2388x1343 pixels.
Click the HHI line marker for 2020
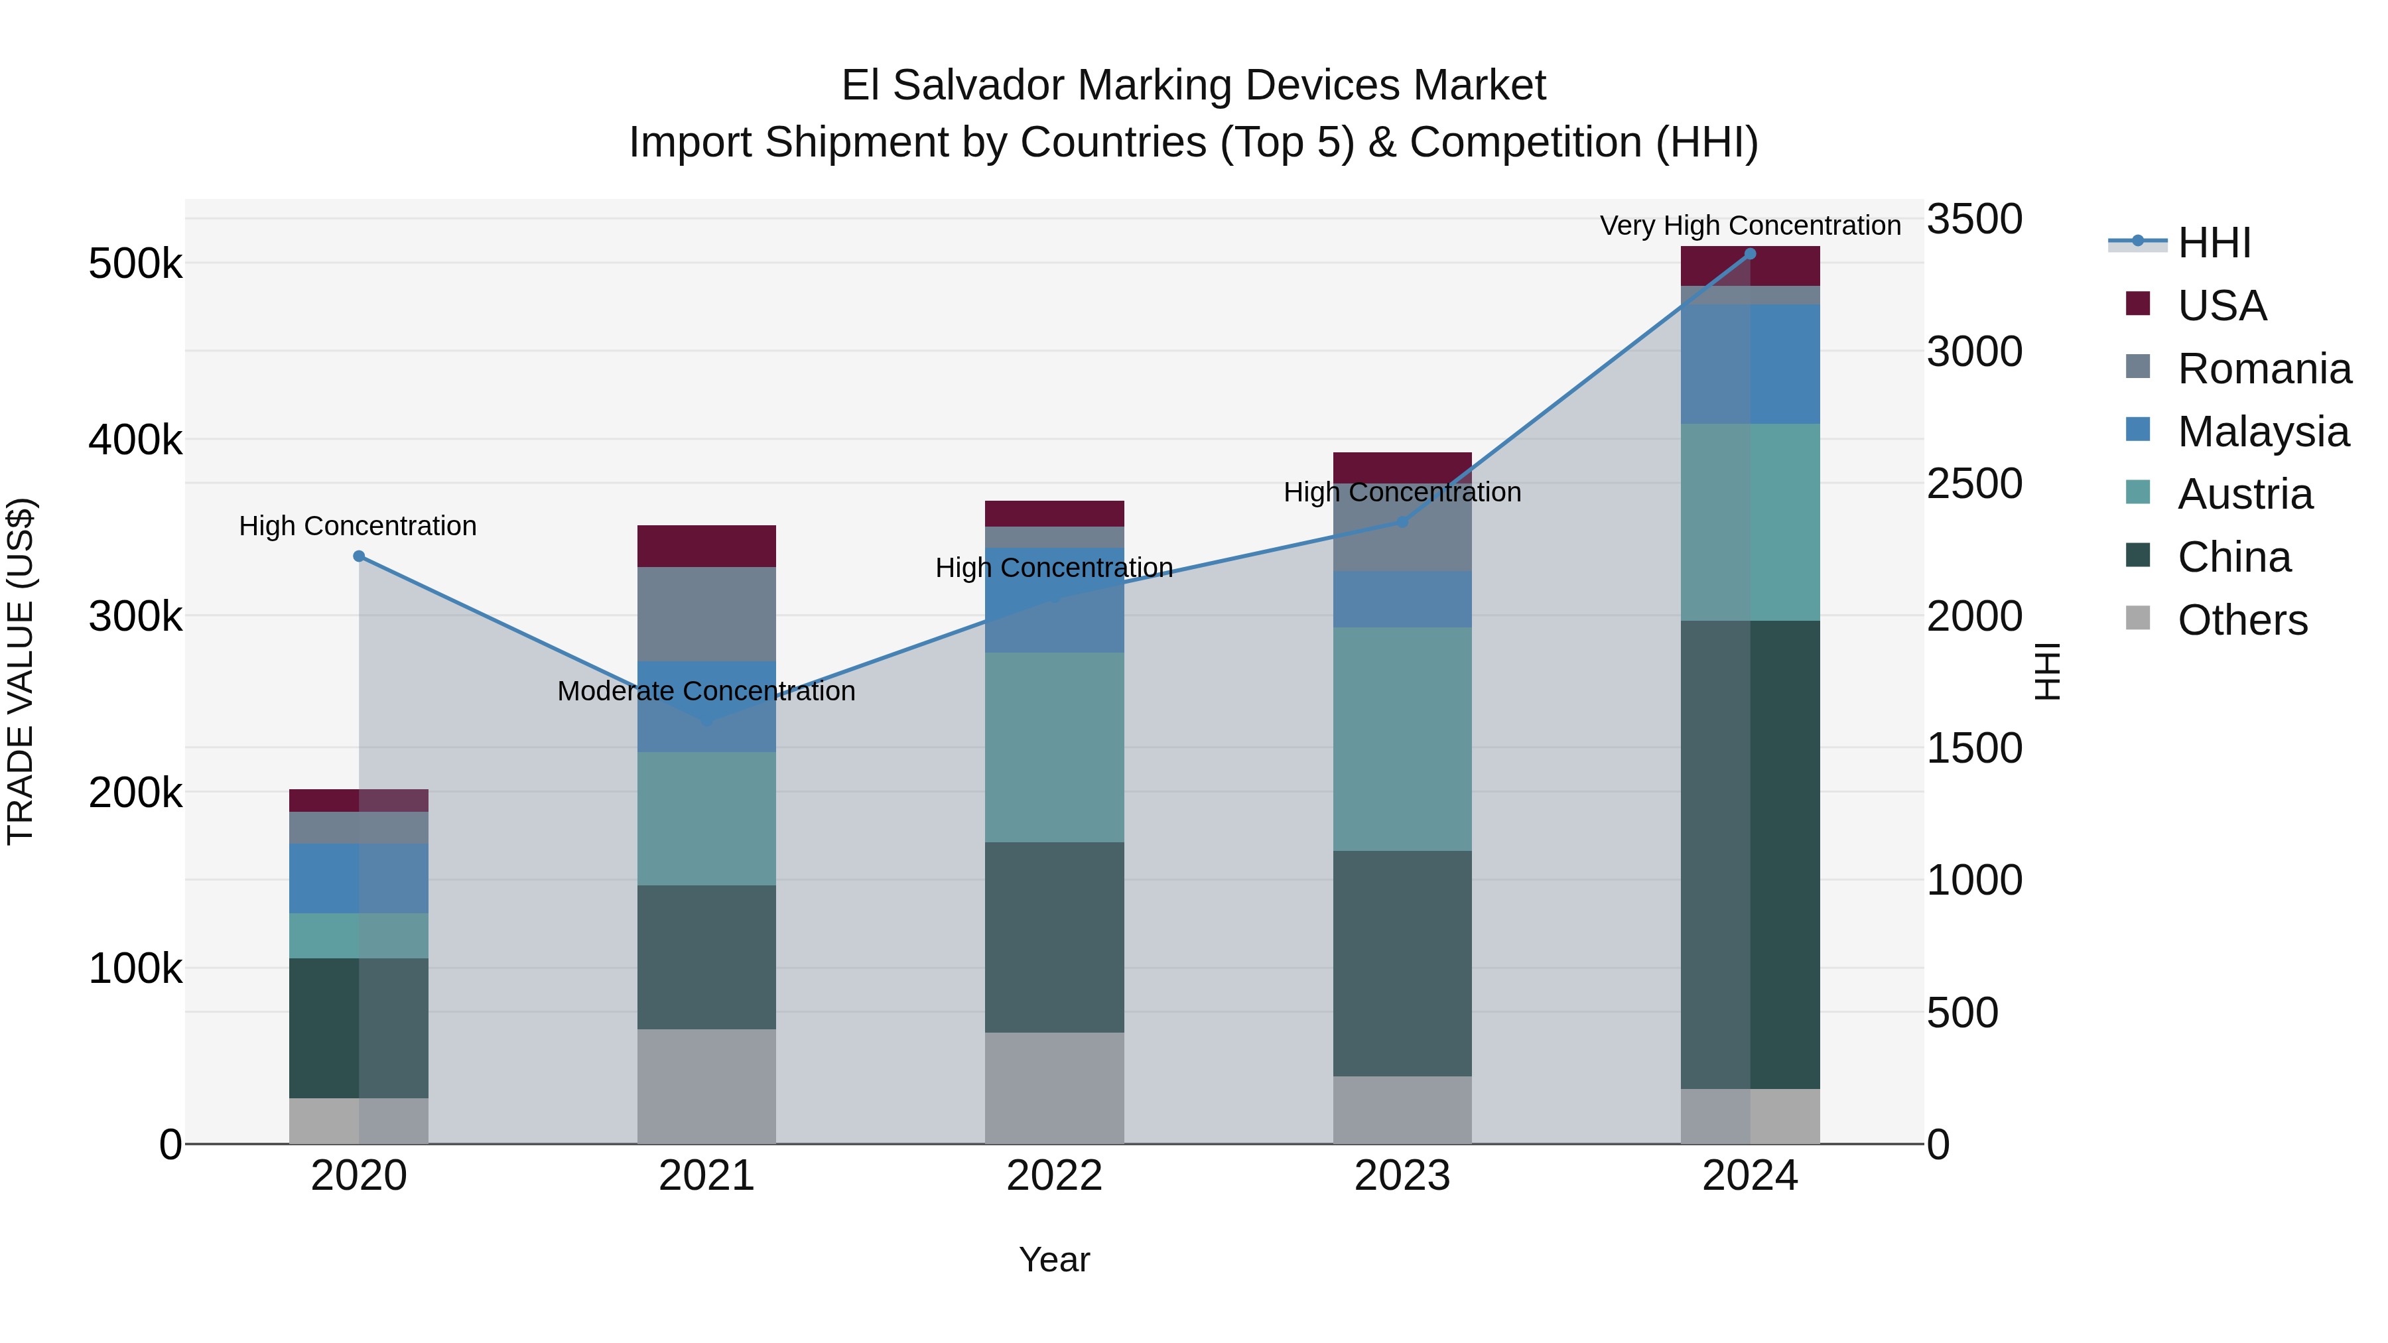click(359, 556)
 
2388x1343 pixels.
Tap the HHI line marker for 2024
click(1751, 254)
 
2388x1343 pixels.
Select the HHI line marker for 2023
click(1402, 522)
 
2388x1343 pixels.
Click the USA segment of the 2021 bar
click(706, 546)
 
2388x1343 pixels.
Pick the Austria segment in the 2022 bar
click(1054, 747)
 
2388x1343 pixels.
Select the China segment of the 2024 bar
click(1751, 855)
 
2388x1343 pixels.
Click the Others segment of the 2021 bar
click(706, 1086)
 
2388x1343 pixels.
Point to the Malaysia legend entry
click(2262, 432)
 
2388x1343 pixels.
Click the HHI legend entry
click(2214, 243)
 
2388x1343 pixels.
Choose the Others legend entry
click(2241, 620)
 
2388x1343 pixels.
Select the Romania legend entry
click(2264, 369)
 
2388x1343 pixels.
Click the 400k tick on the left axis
click(135, 440)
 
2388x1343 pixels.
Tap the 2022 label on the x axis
click(1054, 1176)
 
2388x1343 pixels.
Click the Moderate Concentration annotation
click(706, 692)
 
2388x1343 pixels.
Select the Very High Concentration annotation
click(1751, 226)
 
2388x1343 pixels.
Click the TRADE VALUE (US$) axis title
click(21, 671)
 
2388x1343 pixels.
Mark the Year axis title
click(1054, 1259)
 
